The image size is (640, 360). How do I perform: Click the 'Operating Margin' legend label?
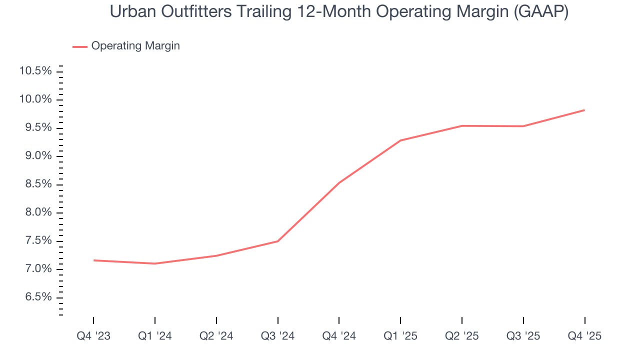[135, 46]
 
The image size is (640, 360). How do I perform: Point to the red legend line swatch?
[80, 46]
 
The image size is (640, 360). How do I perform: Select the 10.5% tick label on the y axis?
[35, 71]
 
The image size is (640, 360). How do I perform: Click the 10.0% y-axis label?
[35, 99]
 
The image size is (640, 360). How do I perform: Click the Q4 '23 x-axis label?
[93, 336]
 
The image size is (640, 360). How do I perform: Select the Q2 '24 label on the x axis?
[216, 336]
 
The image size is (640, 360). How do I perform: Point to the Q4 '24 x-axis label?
[339, 336]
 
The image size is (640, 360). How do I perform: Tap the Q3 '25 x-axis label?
[523, 336]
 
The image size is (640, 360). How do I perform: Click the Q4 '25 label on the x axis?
[584, 336]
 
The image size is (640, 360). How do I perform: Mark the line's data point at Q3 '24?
[278, 241]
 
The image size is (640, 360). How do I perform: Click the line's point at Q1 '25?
[400, 140]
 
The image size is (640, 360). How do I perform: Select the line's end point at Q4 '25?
[584, 110]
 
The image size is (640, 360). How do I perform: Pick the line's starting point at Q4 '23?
[93, 260]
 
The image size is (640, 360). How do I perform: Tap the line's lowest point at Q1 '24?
[155, 263]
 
